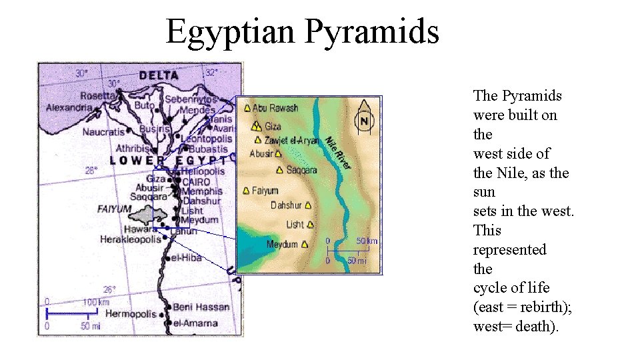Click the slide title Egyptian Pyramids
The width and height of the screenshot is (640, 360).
click(302, 31)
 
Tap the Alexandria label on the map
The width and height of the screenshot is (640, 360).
click(69, 107)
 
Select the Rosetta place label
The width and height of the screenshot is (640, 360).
click(98, 95)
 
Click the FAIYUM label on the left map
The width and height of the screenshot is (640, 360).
click(114, 209)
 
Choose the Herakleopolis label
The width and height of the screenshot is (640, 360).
click(131, 239)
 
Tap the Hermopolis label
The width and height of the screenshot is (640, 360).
click(131, 313)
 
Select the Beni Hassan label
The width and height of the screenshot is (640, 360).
click(201, 307)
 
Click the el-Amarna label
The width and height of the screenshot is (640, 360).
click(195, 323)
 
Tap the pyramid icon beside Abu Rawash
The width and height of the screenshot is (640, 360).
click(247, 107)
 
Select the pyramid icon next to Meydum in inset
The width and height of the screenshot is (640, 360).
click(305, 245)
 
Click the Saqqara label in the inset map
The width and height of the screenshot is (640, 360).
click(301, 170)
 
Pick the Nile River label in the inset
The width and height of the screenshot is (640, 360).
click(338, 152)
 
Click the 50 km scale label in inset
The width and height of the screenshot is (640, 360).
click(367, 241)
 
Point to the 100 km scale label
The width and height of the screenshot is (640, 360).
click(96, 302)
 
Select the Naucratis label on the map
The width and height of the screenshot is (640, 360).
click(103, 132)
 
